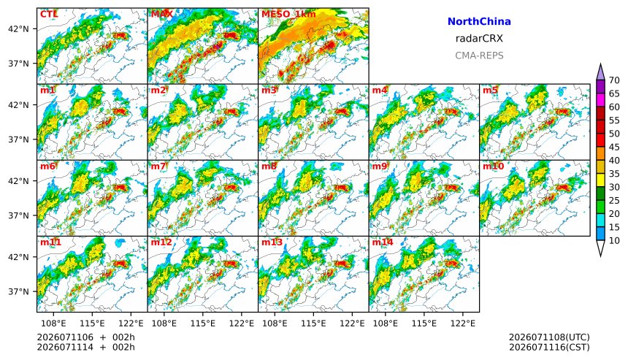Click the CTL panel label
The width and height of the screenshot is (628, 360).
[49, 15]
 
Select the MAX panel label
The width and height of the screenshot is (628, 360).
[162, 15]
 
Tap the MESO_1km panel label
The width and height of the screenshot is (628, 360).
[288, 15]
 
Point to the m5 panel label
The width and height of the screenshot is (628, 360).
[490, 90]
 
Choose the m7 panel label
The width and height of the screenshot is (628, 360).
[158, 166]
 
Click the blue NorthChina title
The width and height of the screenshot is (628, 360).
[479, 22]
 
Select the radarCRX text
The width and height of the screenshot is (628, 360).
[479, 39]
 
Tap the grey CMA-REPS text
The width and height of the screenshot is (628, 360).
[479, 55]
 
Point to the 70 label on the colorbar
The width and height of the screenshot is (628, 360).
[614, 80]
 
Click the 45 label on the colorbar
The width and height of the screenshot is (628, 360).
[614, 148]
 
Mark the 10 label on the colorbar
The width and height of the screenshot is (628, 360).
[614, 241]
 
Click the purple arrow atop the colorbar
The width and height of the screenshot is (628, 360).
[600, 72]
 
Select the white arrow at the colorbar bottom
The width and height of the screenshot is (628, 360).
[600, 248]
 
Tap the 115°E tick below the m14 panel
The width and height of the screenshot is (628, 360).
[424, 323]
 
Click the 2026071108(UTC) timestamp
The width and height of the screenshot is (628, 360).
[549, 337]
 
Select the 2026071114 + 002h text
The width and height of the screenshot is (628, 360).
[85, 347]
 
